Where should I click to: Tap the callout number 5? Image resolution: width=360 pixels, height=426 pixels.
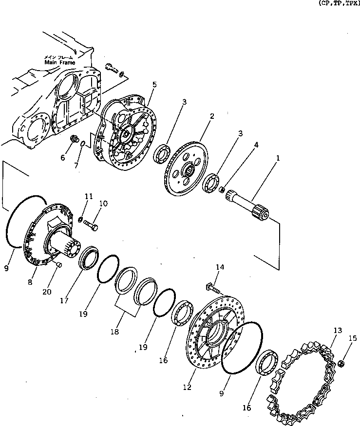tap(154, 84)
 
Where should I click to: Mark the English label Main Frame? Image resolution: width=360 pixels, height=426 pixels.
tap(58, 62)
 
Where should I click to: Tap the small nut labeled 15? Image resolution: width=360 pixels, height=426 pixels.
tap(341, 363)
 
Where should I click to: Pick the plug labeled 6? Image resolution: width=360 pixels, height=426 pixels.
tap(75, 140)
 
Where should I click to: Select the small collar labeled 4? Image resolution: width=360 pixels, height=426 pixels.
tap(221, 189)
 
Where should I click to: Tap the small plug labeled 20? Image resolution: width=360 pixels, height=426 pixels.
tap(58, 264)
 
